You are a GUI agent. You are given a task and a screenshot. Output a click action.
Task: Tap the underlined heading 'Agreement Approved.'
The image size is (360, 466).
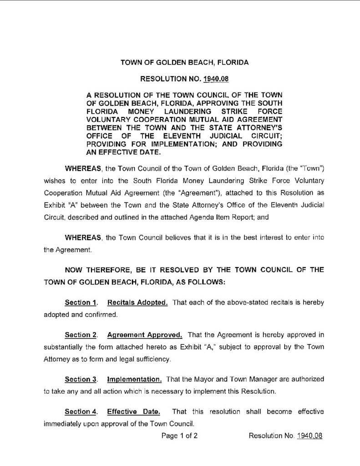click(x=145, y=335)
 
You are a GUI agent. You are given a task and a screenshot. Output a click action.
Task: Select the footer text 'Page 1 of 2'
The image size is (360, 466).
click(x=179, y=436)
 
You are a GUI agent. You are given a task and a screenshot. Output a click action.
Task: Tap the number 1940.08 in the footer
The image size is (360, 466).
click(x=309, y=436)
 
